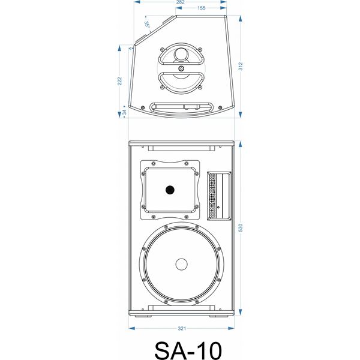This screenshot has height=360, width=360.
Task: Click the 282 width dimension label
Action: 180,3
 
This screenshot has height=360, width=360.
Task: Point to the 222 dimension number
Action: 120,81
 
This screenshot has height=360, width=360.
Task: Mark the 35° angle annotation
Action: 147,25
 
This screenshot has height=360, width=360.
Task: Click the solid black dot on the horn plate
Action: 170,190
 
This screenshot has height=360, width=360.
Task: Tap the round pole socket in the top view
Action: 181,55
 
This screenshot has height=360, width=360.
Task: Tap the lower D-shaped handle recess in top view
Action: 181,81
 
